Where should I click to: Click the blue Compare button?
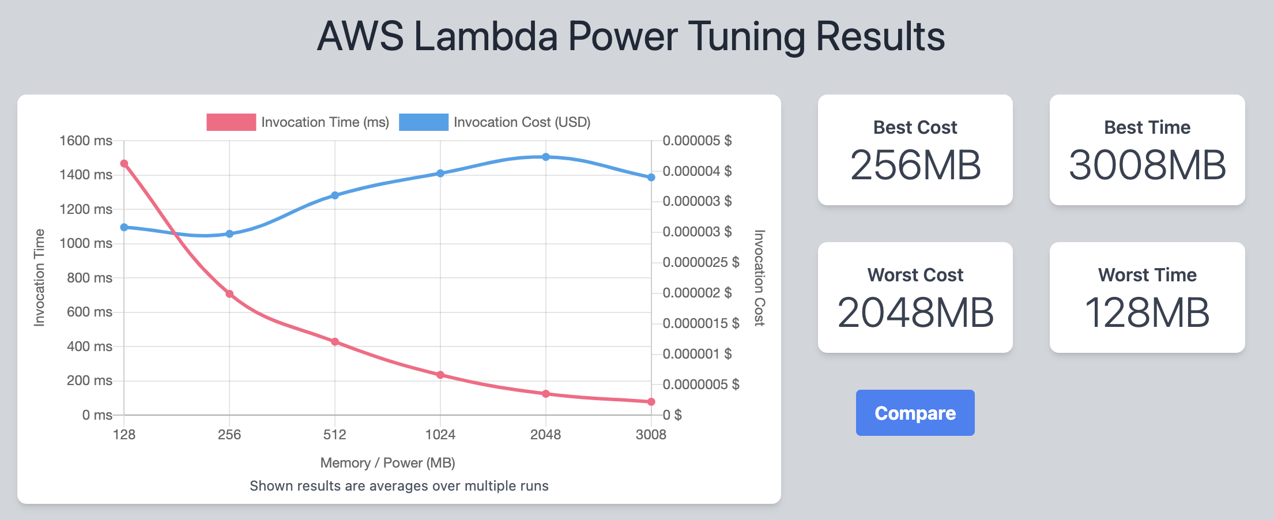(x=915, y=413)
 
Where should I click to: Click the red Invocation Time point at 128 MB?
(x=124, y=164)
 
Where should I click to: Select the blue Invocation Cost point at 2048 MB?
(x=546, y=157)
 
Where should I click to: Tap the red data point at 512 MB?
(x=335, y=342)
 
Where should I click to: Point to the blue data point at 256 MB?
(x=229, y=234)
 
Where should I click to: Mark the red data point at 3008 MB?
(x=651, y=402)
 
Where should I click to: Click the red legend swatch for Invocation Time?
(x=231, y=122)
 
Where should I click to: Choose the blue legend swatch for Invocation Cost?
(x=423, y=122)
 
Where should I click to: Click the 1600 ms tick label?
(x=86, y=141)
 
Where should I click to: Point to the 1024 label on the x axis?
(x=440, y=435)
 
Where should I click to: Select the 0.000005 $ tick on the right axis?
(x=697, y=141)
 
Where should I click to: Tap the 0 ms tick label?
(x=97, y=415)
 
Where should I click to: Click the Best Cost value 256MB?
(x=915, y=165)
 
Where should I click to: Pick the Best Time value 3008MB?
(x=1147, y=165)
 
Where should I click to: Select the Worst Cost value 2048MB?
(x=915, y=313)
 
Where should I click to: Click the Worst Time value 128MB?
(x=1147, y=313)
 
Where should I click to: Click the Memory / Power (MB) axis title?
(x=387, y=463)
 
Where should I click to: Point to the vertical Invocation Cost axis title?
(x=759, y=278)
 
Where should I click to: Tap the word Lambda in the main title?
(x=485, y=36)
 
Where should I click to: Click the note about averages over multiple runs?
(x=399, y=486)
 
